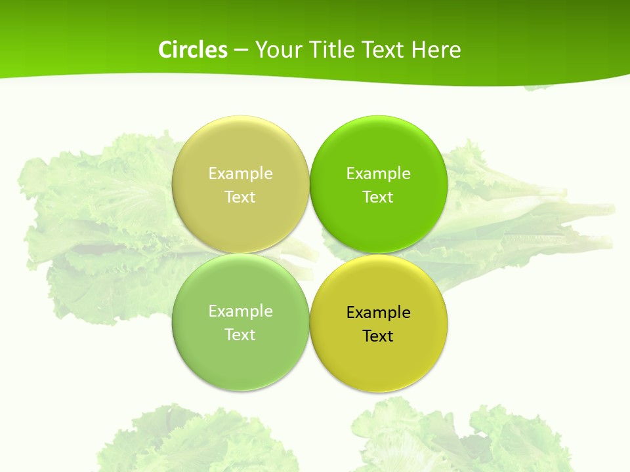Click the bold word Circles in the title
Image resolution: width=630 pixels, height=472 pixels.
[x=192, y=50]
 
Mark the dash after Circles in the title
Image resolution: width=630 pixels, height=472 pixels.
[x=240, y=50]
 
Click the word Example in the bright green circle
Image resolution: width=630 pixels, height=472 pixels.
[x=378, y=173]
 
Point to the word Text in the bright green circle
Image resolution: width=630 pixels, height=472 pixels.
[x=378, y=197]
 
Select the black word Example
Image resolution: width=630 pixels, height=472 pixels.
[x=378, y=312]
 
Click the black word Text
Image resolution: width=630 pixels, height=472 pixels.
[x=378, y=336]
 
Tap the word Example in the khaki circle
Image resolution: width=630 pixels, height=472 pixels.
[x=240, y=173]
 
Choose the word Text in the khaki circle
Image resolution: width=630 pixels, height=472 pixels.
[x=240, y=197]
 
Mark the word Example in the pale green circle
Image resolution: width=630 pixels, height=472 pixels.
[x=240, y=311]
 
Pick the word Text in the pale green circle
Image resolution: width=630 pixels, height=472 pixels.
[x=240, y=334]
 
